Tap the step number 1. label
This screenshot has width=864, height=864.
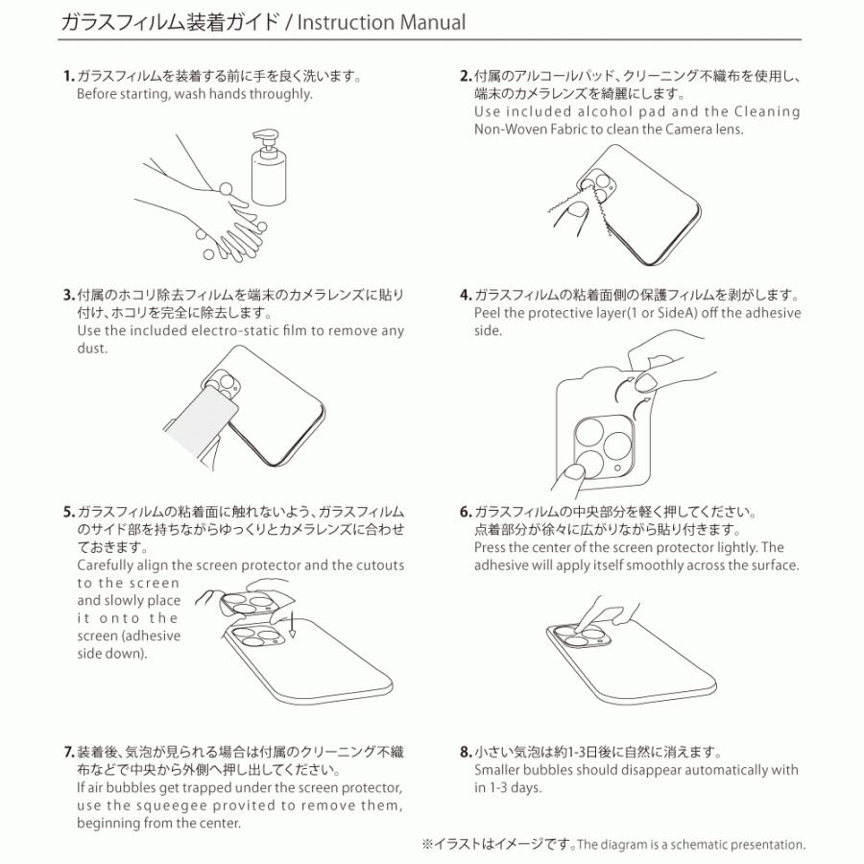[68, 77]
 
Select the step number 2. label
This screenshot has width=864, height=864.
[466, 77]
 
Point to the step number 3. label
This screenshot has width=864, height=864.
[68, 295]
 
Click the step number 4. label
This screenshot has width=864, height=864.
[466, 295]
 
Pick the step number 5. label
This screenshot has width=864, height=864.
[68, 512]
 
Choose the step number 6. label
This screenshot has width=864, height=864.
[466, 512]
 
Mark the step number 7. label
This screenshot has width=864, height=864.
[68, 752]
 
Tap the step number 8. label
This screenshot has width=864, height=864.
[466, 752]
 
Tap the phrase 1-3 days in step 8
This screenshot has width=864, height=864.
[516, 788]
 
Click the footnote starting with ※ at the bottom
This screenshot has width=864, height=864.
[612, 845]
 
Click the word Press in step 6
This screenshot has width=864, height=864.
[492, 547]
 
